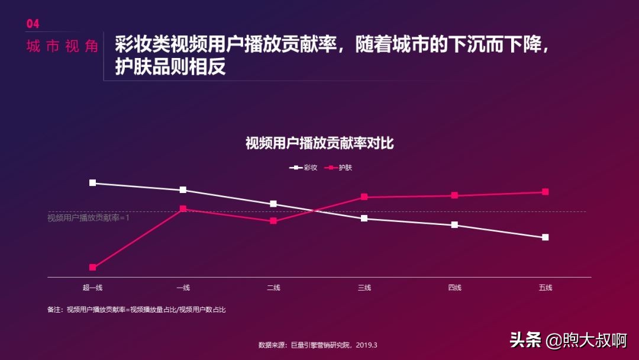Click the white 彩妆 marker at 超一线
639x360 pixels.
[92, 183]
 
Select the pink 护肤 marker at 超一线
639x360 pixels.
[92, 268]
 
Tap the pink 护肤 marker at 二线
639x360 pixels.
[273, 221]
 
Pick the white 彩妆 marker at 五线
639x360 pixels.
[545, 237]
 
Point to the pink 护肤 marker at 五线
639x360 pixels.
[545, 192]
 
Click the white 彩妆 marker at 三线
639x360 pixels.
[364, 218]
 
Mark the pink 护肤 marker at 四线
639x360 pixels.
[454, 195]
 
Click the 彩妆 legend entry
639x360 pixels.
[304, 168]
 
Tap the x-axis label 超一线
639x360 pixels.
[92, 288]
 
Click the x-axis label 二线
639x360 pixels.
[273, 288]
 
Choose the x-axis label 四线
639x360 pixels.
[454, 288]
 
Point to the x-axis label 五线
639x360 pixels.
[545, 288]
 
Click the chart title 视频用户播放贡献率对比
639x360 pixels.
[319, 144]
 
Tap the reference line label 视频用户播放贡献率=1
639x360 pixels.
[88, 218]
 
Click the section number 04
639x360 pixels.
[33, 24]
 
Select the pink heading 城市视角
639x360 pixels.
[62, 47]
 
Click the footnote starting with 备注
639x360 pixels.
[136, 310]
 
